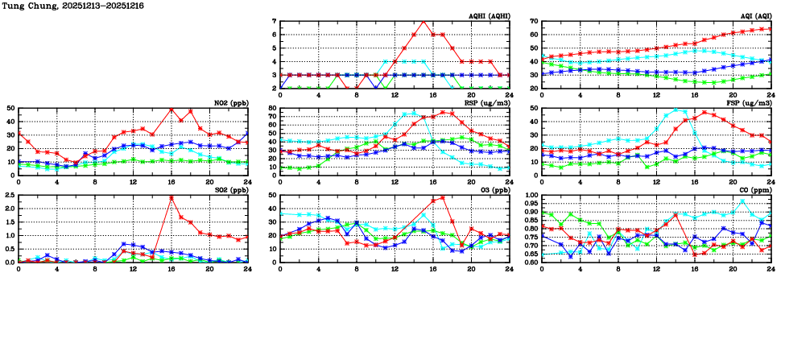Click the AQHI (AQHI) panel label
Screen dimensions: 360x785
tap(488, 15)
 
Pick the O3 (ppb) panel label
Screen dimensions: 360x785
tap(494, 190)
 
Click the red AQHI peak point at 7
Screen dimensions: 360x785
tap(423, 21)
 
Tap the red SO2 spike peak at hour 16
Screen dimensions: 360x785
tap(171, 197)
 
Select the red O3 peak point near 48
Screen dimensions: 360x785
tap(443, 197)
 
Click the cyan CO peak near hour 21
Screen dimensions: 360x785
tap(742, 201)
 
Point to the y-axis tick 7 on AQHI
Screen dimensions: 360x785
tap(275, 21)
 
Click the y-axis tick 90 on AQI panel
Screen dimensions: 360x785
tap(535, 21)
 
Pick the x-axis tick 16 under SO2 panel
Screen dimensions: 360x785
tap(171, 268)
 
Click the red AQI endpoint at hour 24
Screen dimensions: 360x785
tap(771, 29)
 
